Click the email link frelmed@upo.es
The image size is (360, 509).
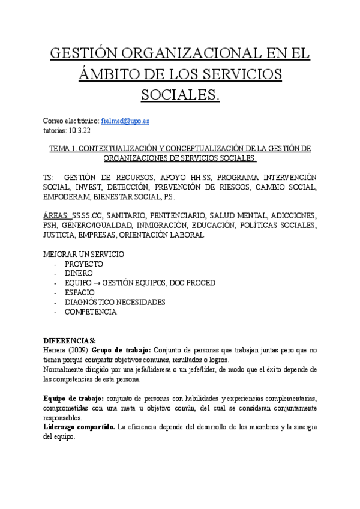tap(126, 121)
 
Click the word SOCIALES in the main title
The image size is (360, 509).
tap(179, 95)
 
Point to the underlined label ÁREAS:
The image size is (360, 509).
tap(57, 215)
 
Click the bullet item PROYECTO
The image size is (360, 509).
tap(84, 264)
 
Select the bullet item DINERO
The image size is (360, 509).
tap(79, 274)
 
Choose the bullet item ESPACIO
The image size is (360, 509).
tap(80, 293)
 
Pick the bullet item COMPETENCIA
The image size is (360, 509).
tap(91, 312)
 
